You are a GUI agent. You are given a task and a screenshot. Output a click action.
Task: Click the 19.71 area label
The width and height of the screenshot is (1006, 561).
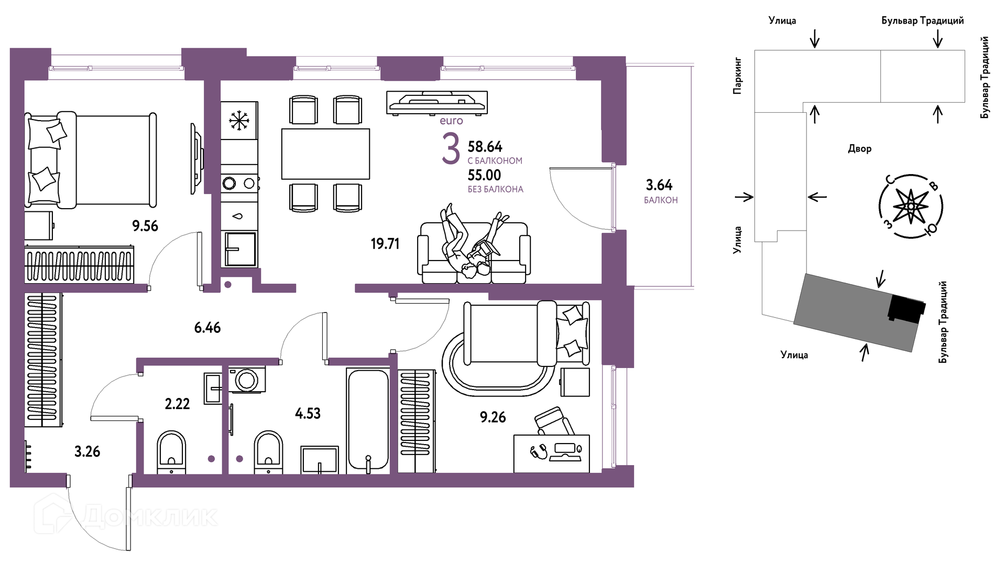click(385, 244)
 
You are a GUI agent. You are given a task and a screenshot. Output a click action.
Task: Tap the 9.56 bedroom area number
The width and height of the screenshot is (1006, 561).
click(145, 226)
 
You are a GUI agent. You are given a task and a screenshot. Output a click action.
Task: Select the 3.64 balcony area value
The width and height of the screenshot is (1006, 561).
click(659, 185)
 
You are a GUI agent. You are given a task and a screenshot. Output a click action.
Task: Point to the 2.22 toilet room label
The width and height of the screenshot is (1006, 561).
click(177, 404)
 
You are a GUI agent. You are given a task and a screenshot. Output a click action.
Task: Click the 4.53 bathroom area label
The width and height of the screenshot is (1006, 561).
click(308, 414)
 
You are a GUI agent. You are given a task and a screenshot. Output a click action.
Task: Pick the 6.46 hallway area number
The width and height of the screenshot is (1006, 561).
click(207, 328)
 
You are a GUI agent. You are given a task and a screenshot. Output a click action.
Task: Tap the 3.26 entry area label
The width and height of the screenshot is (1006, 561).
click(87, 451)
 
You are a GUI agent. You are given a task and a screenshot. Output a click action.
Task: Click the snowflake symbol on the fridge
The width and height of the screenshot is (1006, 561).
click(239, 121)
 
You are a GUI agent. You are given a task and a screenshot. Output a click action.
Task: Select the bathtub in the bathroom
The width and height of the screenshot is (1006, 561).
click(368, 420)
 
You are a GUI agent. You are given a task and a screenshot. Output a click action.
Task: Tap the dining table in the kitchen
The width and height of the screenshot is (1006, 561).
click(325, 154)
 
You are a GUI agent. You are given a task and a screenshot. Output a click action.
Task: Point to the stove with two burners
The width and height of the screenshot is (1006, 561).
click(239, 184)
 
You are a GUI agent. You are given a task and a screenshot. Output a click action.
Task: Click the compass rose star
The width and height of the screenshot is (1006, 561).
click(911, 207)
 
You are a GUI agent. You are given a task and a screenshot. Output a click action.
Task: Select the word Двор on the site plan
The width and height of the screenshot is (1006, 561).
click(860, 149)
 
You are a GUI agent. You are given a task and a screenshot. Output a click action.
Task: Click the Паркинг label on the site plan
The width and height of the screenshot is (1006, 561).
click(738, 76)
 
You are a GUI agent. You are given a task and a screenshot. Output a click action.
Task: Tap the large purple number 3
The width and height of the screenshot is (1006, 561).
click(451, 149)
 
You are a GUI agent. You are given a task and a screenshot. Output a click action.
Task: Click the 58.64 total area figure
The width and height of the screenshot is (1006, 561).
click(485, 146)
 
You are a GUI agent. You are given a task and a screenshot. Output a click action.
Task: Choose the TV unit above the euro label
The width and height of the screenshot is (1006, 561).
click(437, 102)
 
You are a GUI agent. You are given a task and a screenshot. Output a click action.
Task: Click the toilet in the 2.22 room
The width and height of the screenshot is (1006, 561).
click(172, 452)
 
